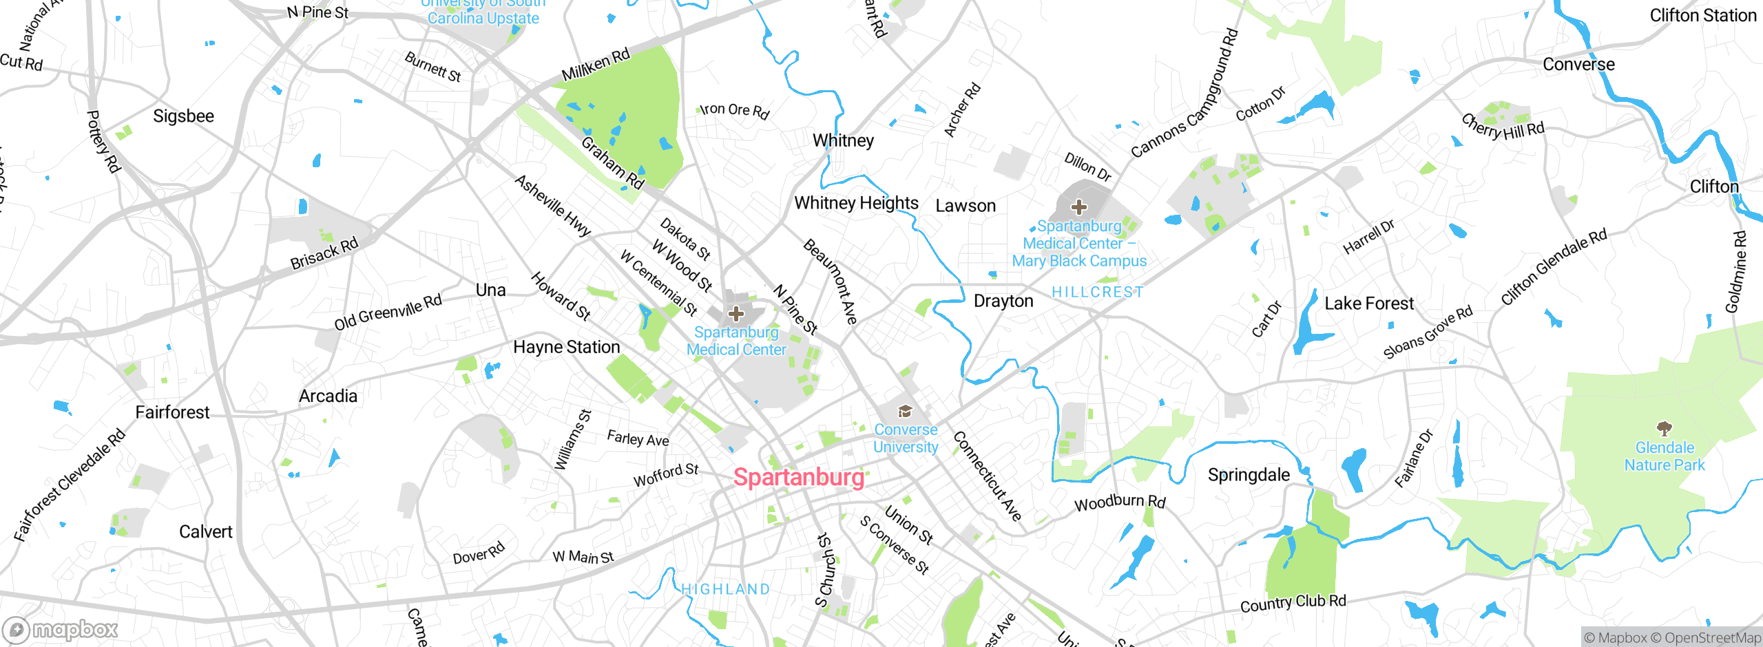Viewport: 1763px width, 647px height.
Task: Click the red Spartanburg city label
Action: tap(798, 477)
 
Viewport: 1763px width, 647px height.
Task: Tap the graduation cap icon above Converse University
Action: tap(905, 412)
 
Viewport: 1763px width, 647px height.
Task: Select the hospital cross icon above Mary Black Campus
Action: tap(1079, 206)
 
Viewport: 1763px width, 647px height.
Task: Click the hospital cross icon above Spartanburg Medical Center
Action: tap(736, 314)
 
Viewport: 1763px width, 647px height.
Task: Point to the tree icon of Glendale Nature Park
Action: tap(1665, 429)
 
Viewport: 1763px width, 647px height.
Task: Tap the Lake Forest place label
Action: tap(1368, 304)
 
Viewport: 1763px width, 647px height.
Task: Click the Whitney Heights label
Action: tap(856, 203)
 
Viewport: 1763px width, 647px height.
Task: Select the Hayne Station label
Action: tap(566, 347)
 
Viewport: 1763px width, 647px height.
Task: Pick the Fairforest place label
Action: tap(172, 412)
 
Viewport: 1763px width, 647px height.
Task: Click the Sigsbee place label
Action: tap(183, 116)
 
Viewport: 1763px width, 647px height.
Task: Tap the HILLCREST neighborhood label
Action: tap(1097, 292)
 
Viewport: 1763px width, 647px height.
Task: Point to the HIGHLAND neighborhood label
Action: tap(725, 589)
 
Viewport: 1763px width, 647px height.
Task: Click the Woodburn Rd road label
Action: tap(1120, 502)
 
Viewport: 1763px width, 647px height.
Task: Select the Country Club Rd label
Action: tap(1293, 603)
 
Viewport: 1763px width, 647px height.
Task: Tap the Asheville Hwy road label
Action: tap(553, 206)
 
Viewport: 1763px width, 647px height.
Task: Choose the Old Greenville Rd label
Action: tap(388, 312)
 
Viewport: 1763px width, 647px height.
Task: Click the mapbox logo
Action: tap(61, 629)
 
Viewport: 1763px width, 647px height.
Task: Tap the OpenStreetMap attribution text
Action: tap(1712, 638)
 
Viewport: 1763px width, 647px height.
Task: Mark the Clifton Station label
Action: tap(1702, 15)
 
